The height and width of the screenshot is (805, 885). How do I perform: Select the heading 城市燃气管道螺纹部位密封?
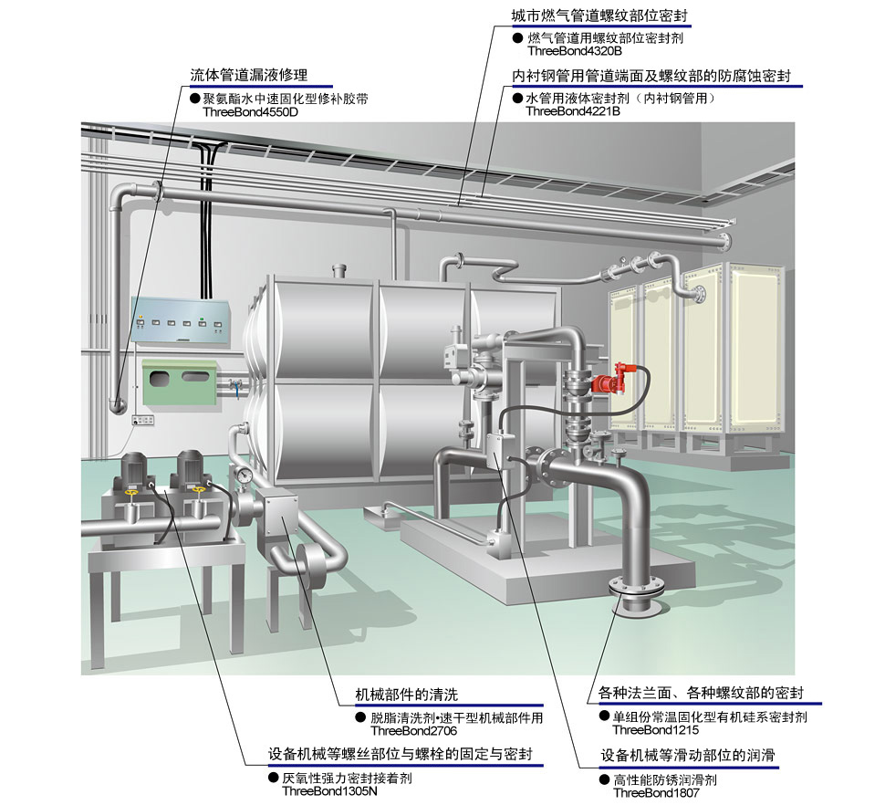click(599, 16)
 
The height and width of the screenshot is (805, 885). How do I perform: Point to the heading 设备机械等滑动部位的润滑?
click(692, 756)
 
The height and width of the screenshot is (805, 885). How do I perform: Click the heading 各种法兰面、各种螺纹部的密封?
click(700, 694)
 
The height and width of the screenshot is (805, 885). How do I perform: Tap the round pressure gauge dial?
click(245, 475)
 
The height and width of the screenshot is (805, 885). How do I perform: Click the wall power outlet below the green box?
click(141, 420)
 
